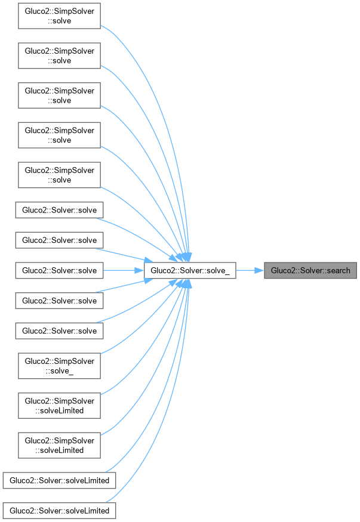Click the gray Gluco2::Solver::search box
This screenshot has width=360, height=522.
pos(310,270)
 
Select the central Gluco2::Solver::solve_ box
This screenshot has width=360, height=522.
pos(190,270)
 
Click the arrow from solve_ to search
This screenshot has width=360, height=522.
pos(250,270)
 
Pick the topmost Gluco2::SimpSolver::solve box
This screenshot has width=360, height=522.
pos(59,16)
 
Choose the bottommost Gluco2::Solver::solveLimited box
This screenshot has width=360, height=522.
pos(59,511)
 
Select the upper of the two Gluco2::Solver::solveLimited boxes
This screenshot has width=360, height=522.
pos(59,480)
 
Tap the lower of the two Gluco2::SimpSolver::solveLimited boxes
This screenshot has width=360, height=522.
pos(59,444)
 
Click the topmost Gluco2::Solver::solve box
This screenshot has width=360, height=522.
pos(59,210)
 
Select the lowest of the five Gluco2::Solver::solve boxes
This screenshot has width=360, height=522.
pos(59,331)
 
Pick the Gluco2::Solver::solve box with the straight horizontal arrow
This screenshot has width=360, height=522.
pos(59,270)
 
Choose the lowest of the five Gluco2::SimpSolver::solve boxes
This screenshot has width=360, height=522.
pos(59,175)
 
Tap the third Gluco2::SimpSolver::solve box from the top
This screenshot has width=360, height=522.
pos(59,95)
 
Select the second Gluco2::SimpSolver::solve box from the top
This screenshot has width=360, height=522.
pos(59,56)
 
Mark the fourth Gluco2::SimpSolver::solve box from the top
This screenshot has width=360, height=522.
pos(59,135)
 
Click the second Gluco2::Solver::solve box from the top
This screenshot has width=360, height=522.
pos(59,240)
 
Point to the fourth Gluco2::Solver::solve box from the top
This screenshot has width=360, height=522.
pos(59,301)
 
